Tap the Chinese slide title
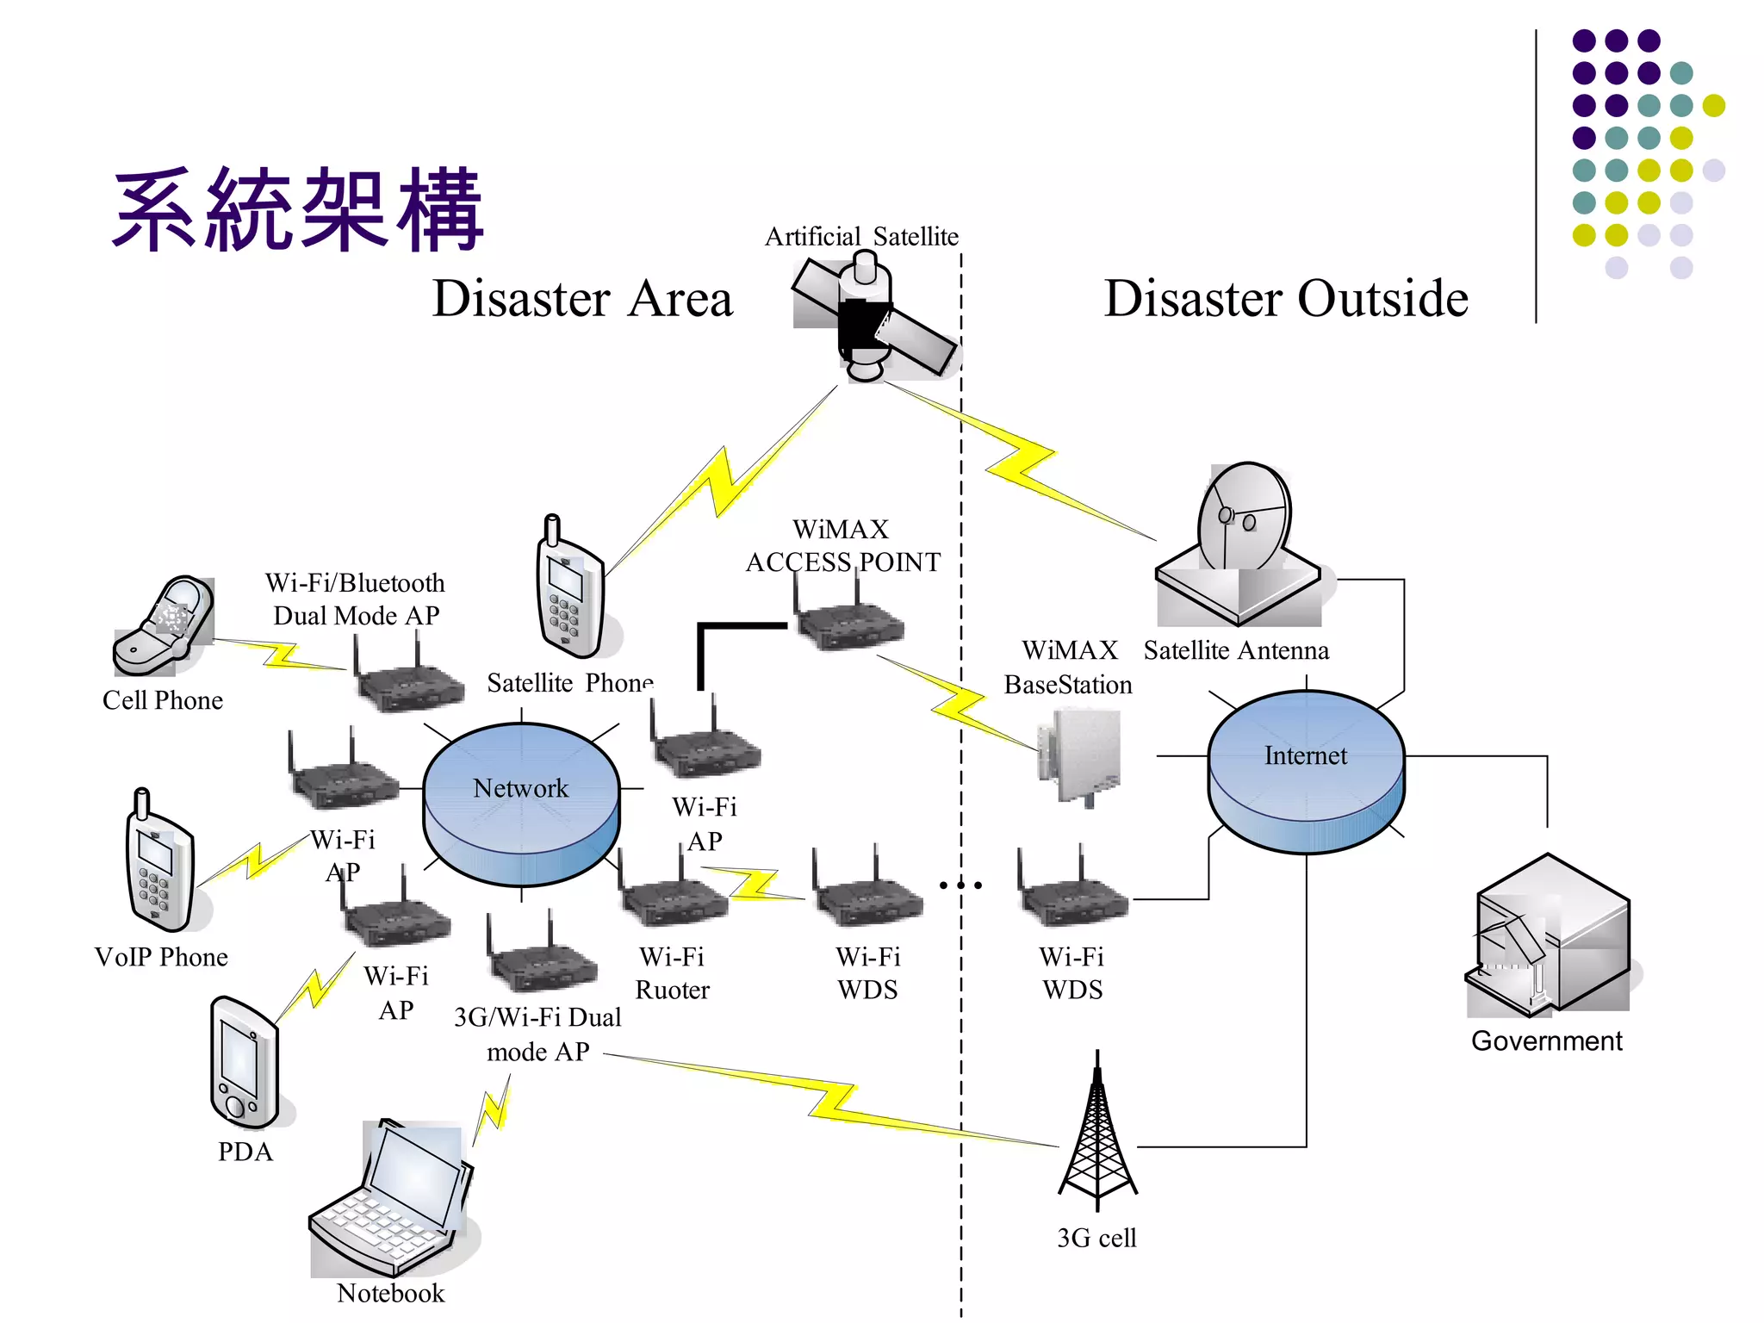(297, 211)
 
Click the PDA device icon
(245, 1064)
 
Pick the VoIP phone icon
(160, 861)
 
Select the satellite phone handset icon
(569, 590)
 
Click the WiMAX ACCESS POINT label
(842, 545)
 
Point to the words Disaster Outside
(1285, 299)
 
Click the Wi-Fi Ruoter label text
(672, 973)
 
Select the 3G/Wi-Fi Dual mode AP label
(537, 1034)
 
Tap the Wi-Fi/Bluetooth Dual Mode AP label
(355, 599)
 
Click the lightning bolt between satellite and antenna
(1021, 465)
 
